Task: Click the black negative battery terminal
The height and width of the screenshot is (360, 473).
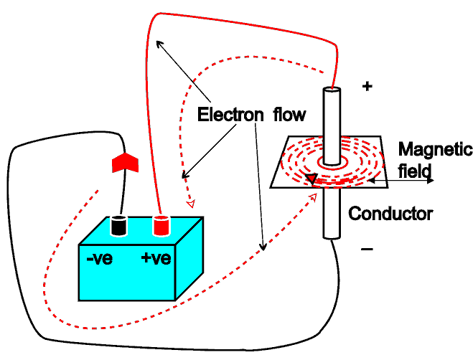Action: (119, 225)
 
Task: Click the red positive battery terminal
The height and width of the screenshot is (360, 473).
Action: (160, 225)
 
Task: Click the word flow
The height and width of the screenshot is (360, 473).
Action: (288, 114)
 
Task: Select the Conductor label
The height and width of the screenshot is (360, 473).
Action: (390, 213)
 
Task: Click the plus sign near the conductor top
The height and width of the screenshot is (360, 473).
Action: (367, 86)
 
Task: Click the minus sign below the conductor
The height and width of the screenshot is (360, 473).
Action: (367, 249)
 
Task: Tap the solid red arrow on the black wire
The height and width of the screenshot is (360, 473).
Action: (123, 162)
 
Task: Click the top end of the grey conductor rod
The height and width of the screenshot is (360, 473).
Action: (331, 92)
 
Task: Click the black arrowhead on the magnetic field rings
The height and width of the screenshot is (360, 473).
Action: (311, 179)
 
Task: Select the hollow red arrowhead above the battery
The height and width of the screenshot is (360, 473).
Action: (190, 204)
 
